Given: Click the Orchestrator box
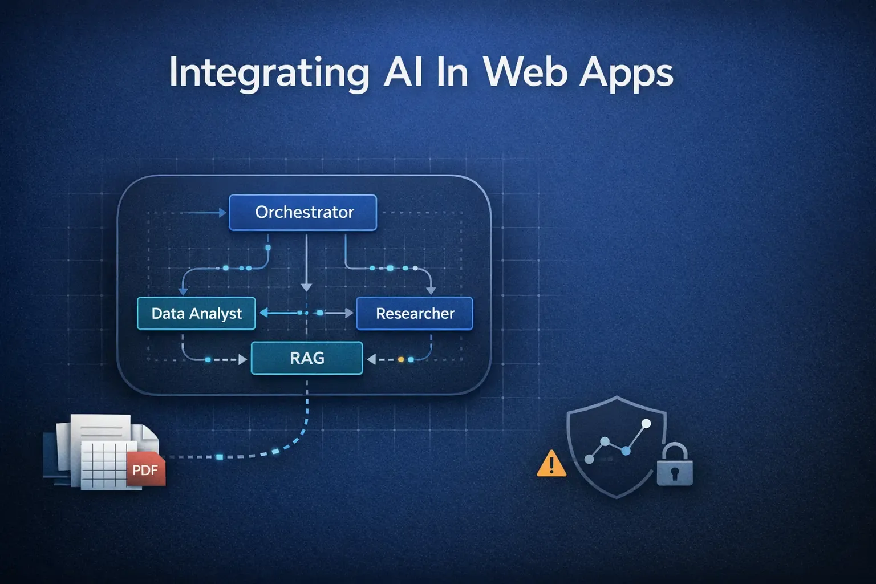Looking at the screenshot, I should click(303, 213).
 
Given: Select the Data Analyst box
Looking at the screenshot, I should click(196, 314).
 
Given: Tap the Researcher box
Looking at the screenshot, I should click(415, 314).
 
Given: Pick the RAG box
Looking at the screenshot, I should click(307, 358).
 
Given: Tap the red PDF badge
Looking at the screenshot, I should click(145, 471).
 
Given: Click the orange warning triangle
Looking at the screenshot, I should click(551, 464).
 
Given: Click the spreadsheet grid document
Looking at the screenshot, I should click(104, 463).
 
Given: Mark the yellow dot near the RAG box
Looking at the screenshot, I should click(401, 359).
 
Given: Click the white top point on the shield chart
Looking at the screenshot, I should click(646, 424).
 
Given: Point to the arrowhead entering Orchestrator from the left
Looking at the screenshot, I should click(223, 213).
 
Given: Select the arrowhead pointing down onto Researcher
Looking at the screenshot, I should click(431, 291).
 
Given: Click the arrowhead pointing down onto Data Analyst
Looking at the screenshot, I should click(183, 291).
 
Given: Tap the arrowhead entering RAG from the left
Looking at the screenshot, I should click(243, 360).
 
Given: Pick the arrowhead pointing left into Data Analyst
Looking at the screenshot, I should click(263, 313).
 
